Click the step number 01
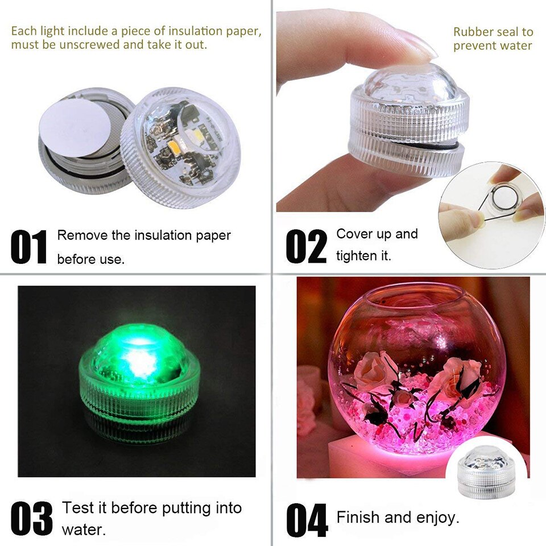coord(29,247)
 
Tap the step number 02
coord(307,247)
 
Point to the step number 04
coord(307,520)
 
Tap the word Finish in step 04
coord(357,518)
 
